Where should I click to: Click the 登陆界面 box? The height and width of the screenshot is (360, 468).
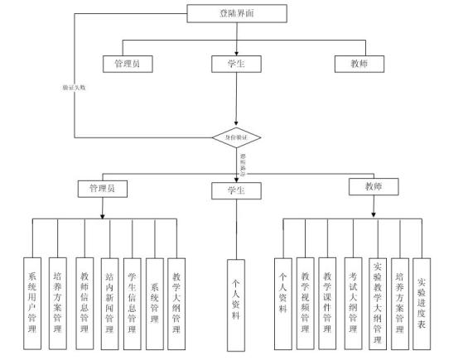pos(238,12)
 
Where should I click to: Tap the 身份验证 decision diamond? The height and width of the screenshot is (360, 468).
pos(237,137)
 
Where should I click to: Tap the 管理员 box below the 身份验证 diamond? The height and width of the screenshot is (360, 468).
pos(102,189)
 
